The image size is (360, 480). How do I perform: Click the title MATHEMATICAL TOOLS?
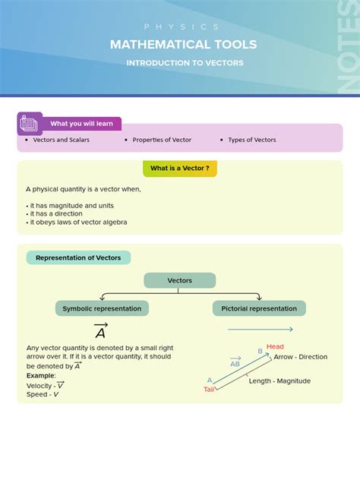(x=184, y=45)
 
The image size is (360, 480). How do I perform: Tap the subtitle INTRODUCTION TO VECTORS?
(x=185, y=63)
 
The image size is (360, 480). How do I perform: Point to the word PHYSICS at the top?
(x=182, y=27)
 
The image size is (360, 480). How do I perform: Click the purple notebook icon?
(x=30, y=123)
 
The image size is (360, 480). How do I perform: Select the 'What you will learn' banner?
(x=81, y=124)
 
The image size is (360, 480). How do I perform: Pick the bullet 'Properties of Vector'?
(x=162, y=140)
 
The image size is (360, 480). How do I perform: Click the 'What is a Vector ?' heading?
(x=179, y=169)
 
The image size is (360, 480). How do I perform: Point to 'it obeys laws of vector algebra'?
(x=78, y=223)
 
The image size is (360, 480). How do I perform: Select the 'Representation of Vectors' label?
(x=78, y=257)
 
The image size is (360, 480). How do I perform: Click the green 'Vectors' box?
(x=180, y=280)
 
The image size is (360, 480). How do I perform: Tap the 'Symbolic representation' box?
(x=102, y=308)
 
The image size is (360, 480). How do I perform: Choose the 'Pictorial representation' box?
(x=259, y=308)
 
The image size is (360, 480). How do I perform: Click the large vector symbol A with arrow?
(x=100, y=332)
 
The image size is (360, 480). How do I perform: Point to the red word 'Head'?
(x=275, y=347)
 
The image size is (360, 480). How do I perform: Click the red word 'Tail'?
(x=209, y=389)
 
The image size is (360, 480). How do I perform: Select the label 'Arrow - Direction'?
(x=300, y=357)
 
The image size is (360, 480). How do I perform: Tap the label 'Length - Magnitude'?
(x=279, y=381)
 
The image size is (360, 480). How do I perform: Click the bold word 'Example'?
(x=41, y=375)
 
